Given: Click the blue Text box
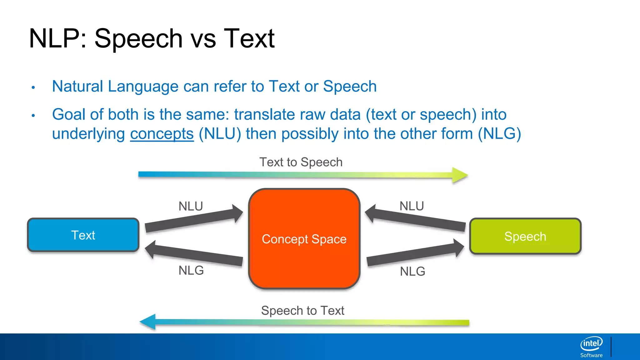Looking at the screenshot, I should coord(83,235).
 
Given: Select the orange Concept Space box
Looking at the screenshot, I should coord(304,239).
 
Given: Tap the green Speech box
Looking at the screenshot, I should coord(525,237).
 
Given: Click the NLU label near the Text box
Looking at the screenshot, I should coord(191,206).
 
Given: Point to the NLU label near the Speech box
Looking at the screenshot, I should coord(412,206).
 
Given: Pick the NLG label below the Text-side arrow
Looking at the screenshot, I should coord(191,270).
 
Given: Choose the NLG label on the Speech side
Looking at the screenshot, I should coord(412,271).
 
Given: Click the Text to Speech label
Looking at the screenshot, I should coord(301,162).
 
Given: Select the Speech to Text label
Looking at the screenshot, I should coord(302,311).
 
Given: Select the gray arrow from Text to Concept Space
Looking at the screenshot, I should coord(194,220).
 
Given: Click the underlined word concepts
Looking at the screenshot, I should coord(162,134).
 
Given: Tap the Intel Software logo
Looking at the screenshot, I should coord(591,347).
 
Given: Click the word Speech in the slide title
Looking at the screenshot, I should coord(138,38).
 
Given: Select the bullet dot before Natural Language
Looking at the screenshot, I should coord(33,87).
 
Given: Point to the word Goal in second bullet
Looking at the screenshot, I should coord(69,114).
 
